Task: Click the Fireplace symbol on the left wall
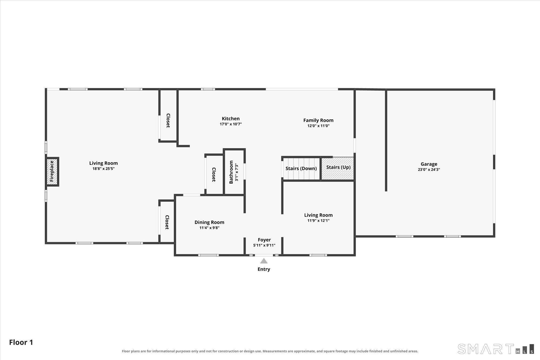tap(52, 172)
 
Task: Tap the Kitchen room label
tap(231, 119)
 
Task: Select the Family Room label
tap(318, 120)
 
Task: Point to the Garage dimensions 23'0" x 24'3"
tap(429, 170)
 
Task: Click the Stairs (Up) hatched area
tap(337, 168)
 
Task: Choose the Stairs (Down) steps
tap(301, 169)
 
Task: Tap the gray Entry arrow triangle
tap(264, 261)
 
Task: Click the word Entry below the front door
tap(264, 269)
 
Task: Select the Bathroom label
tap(231, 172)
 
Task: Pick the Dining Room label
tap(209, 222)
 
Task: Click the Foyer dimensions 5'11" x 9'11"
tap(264, 245)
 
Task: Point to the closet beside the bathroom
tap(214, 174)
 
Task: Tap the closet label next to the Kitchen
tap(168, 120)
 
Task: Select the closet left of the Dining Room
tap(167, 222)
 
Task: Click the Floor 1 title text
tap(21, 342)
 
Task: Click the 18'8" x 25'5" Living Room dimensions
tap(103, 169)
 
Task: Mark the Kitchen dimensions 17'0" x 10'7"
tap(231, 124)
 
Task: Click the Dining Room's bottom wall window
tap(208, 255)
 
